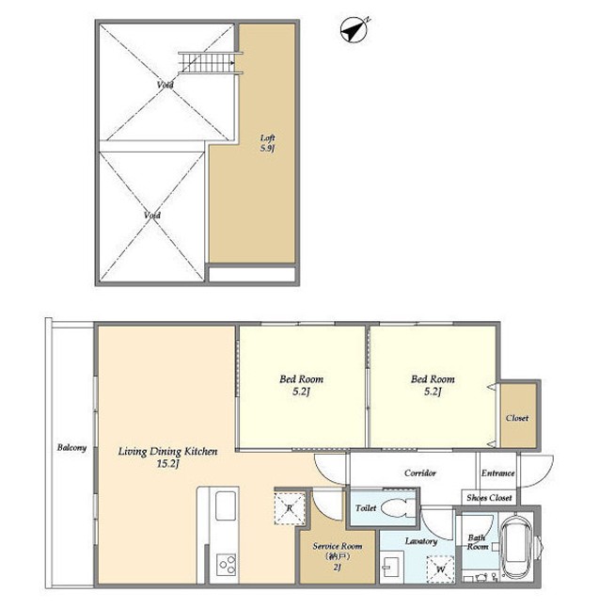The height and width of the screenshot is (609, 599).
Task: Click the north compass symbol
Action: tap(355, 29)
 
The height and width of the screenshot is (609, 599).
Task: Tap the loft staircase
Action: tap(211, 62)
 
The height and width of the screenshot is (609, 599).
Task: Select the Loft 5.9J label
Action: tap(268, 143)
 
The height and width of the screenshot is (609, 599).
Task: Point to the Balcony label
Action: tap(71, 447)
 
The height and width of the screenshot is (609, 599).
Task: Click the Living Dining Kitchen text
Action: tap(167, 451)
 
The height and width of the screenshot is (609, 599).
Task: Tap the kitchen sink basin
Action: tap(226, 505)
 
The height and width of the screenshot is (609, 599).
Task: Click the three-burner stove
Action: tap(227, 565)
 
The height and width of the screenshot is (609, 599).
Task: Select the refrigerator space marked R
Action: tap(290, 508)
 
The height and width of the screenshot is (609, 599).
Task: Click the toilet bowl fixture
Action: tap(399, 507)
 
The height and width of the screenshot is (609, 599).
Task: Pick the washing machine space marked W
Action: tap(440, 569)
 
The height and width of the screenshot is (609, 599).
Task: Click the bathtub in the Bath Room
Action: tap(516, 548)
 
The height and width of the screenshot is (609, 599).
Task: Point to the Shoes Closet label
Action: tap(489, 498)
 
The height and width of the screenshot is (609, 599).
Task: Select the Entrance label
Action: tap(497, 473)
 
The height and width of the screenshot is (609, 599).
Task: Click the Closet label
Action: tap(517, 418)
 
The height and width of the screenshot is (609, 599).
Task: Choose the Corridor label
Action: tap(420, 473)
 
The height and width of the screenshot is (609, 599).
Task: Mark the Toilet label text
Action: tap(366, 507)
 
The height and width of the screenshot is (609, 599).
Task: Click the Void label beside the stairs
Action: tap(166, 85)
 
